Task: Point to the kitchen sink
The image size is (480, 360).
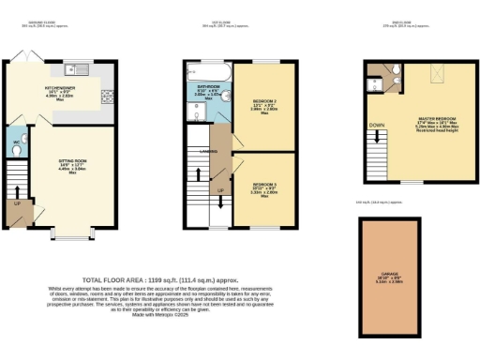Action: point(79,67)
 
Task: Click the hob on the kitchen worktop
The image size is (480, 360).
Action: point(106,94)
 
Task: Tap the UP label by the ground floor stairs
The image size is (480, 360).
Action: point(18,202)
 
